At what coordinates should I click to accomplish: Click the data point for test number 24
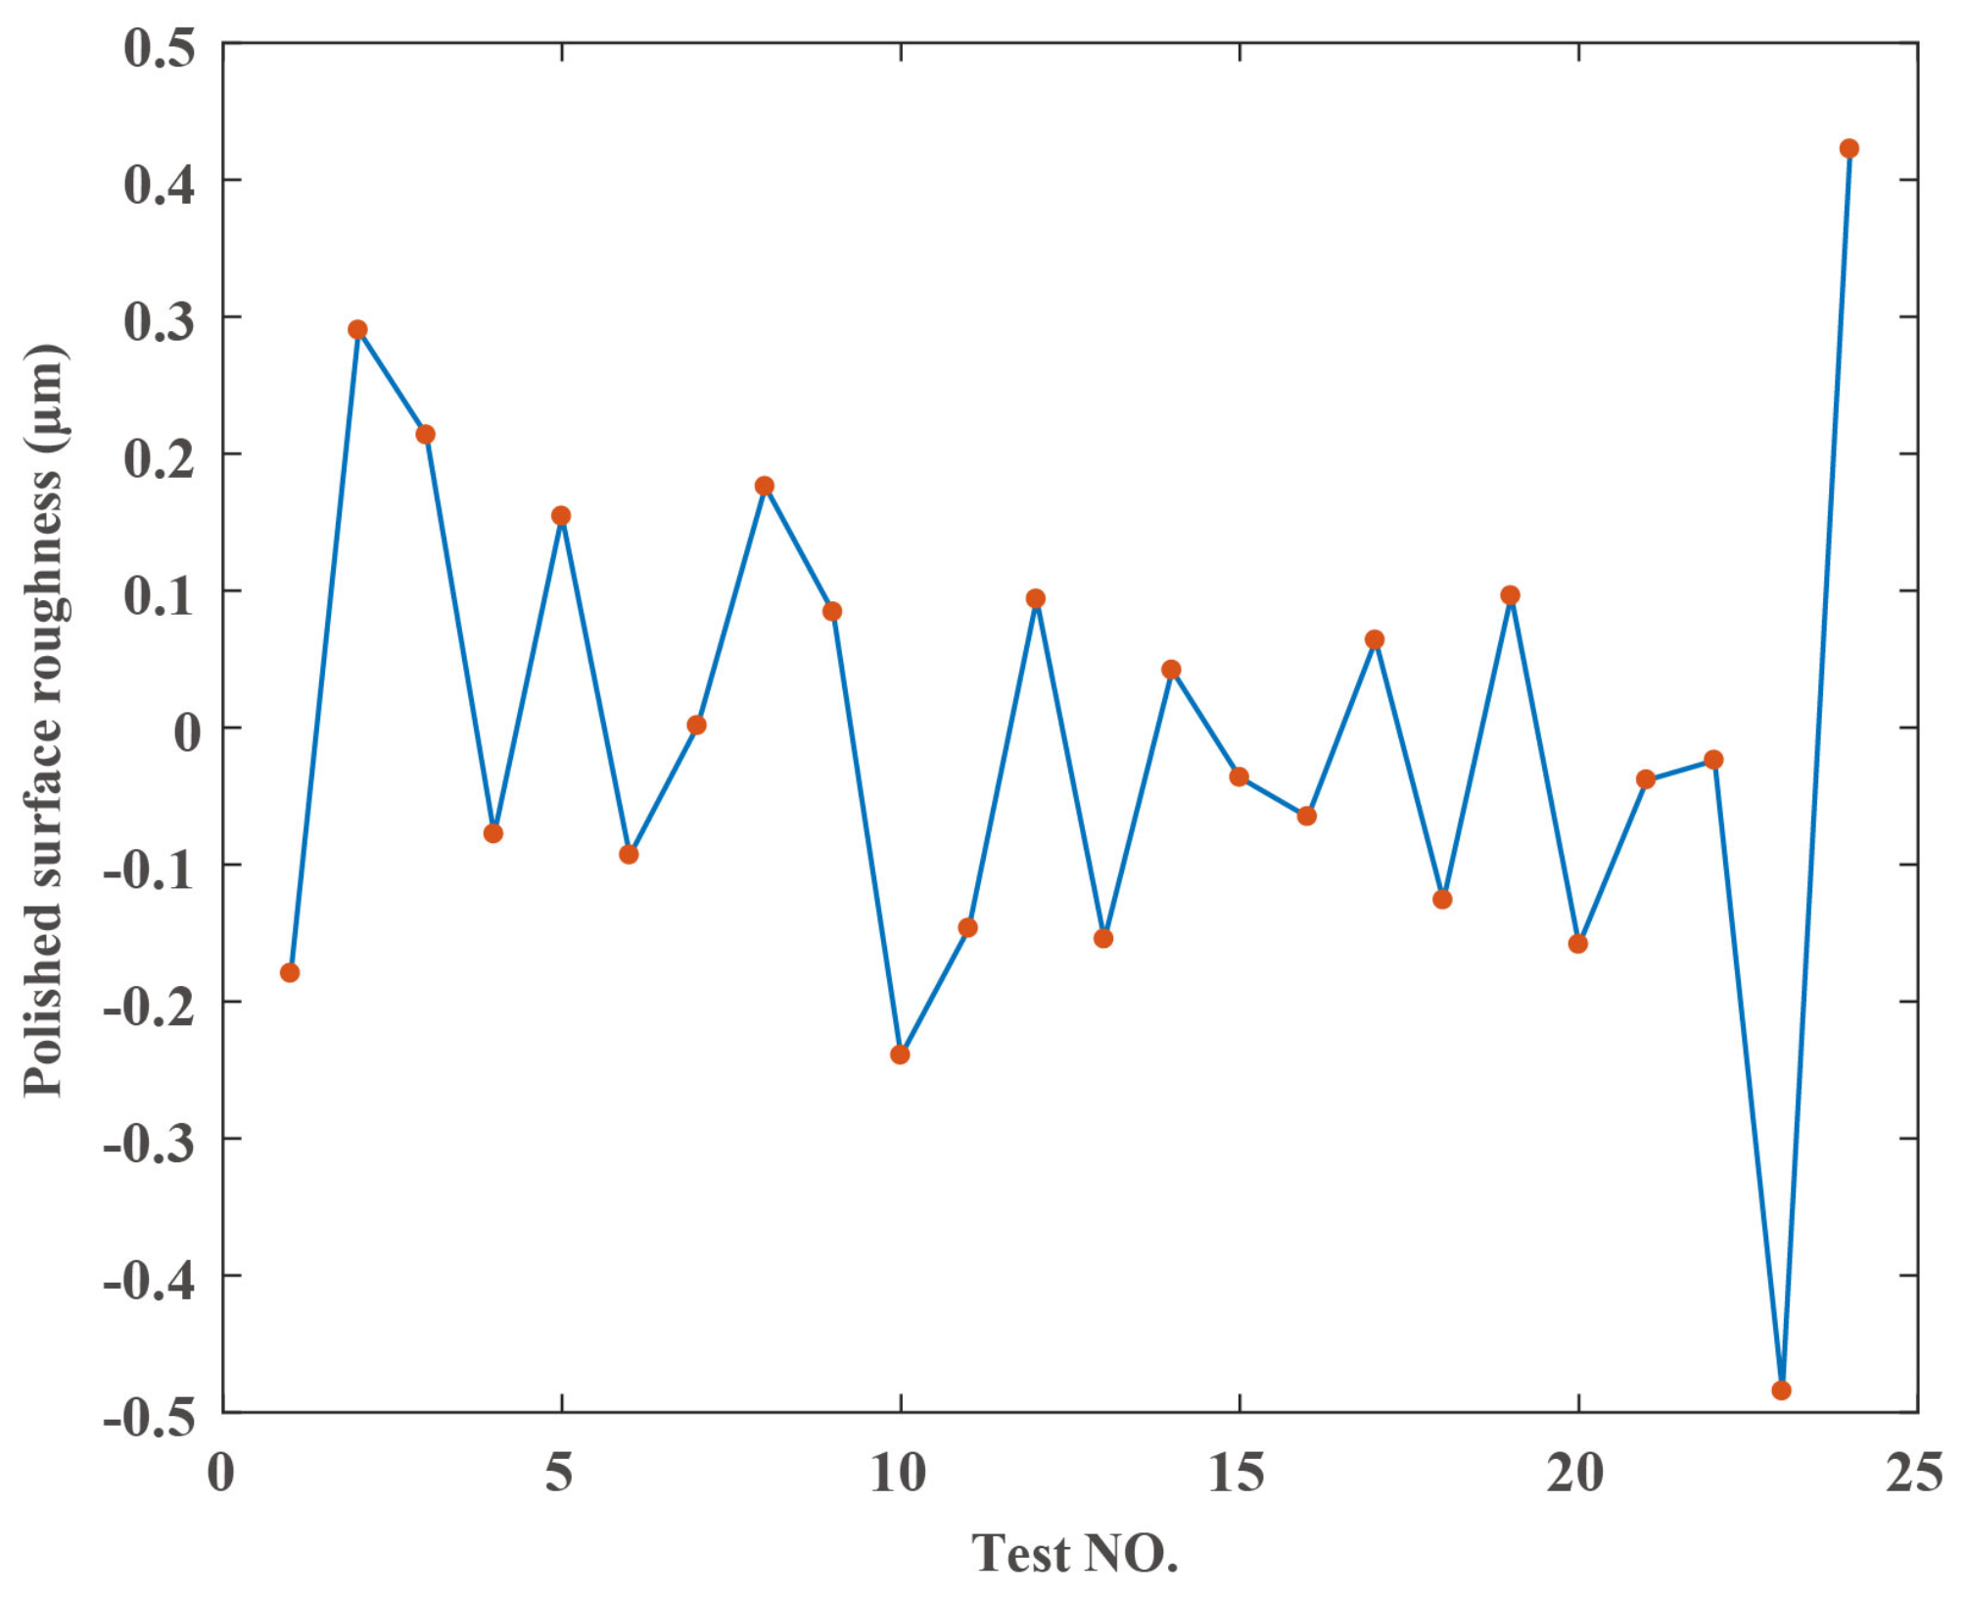[1849, 149]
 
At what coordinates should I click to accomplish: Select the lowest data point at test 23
[1781, 1389]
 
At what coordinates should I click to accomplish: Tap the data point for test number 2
[357, 330]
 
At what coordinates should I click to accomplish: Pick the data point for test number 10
[900, 1054]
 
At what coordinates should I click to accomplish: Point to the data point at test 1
[290, 972]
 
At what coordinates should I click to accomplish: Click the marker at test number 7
[696, 725]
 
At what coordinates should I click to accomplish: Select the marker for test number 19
[1510, 595]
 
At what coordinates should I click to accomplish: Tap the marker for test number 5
[561, 516]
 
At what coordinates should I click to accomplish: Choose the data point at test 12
[1036, 598]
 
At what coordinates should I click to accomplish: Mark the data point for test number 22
[1713, 760]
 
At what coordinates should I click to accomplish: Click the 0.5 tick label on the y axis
[160, 48]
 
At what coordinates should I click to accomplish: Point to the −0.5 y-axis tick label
[149, 1416]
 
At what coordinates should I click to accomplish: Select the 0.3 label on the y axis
[160, 322]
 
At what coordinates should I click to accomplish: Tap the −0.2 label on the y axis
[149, 1006]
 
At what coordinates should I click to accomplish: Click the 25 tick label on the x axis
[1914, 1472]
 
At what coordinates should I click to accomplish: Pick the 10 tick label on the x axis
[898, 1472]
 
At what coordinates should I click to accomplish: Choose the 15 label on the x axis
[1237, 1472]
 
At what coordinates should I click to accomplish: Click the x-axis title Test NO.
[1074, 1553]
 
